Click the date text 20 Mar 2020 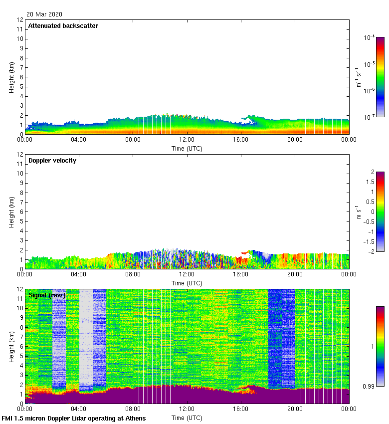pos(44,14)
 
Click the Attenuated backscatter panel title pos(63,26)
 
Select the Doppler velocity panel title pos(52,161)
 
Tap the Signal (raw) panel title pos(46,295)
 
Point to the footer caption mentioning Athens pos(74,418)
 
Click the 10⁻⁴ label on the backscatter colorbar pos(370,38)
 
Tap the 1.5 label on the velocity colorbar pos(370,182)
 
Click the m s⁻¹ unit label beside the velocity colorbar pos(359,212)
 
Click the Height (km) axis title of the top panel pos(11,77)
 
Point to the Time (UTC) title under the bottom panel pos(187,418)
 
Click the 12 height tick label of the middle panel pos(20,155)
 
